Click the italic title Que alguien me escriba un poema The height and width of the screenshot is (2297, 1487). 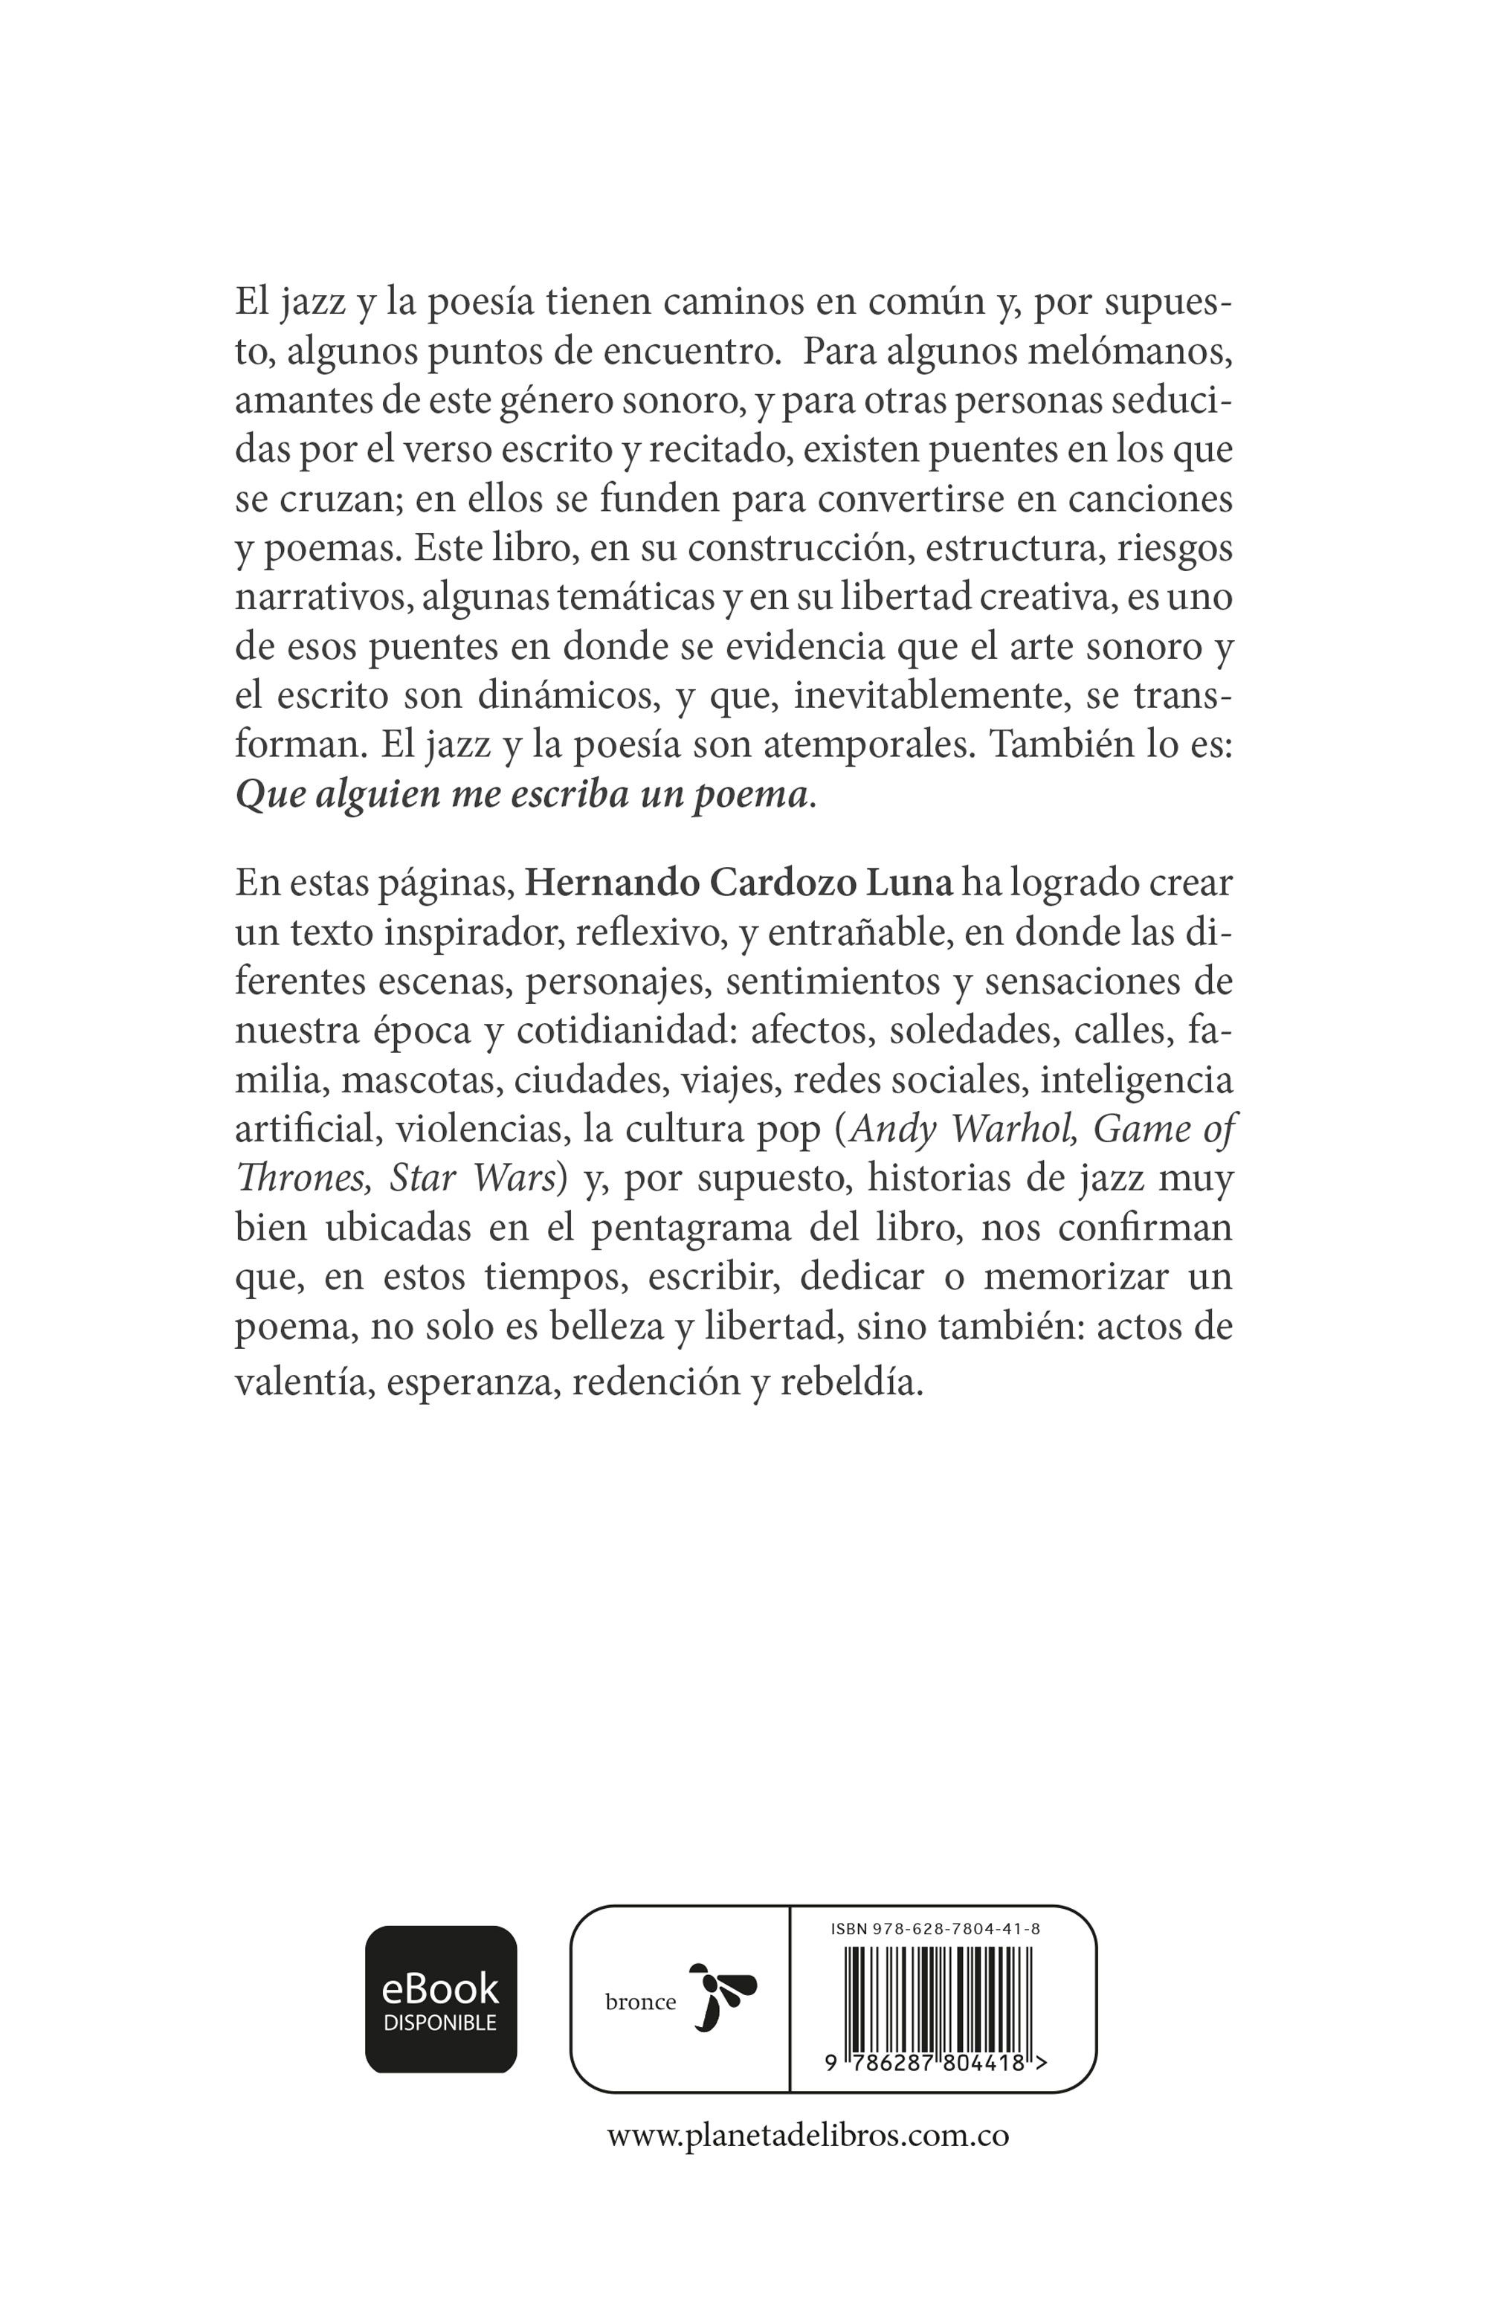pyautogui.click(x=522, y=795)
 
